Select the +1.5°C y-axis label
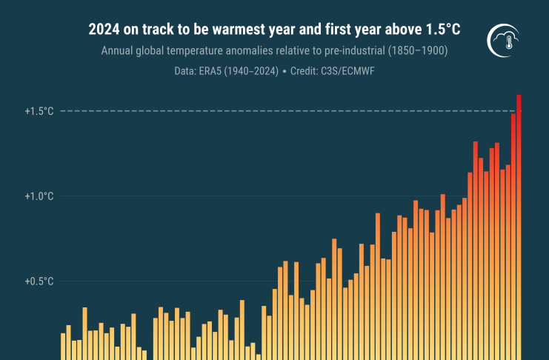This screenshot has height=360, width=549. pyautogui.click(x=39, y=111)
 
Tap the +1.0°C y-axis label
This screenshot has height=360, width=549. pyautogui.click(x=39, y=196)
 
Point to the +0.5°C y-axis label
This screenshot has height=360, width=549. pyautogui.click(x=39, y=281)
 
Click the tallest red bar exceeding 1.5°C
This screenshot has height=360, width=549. pyautogui.click(x=519, y=222)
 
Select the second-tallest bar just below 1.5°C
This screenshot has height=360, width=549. pyautogui.click(x=513, y=230)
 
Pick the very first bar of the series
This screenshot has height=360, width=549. pyautogui.click(x=63, y=346)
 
